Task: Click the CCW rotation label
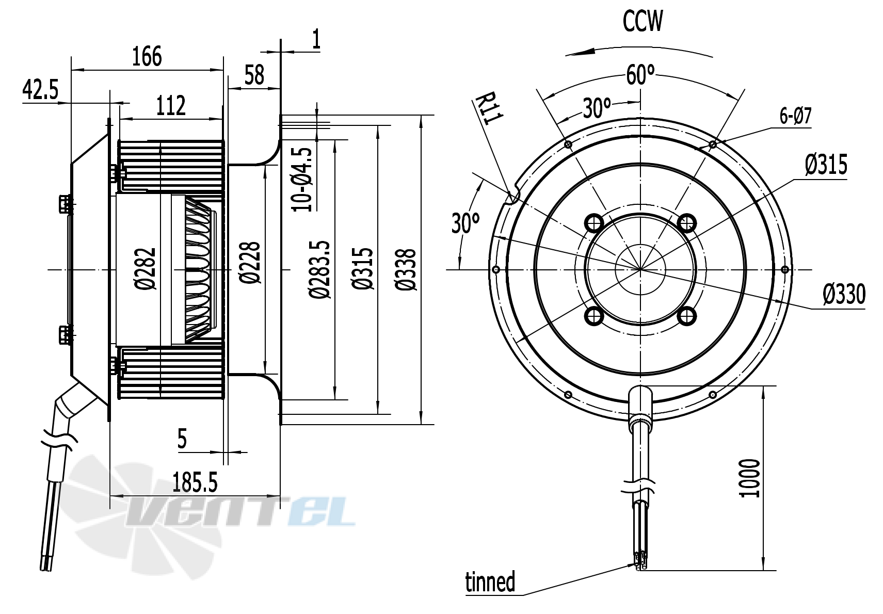pyautogui.click(x=642, y=22)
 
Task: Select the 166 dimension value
pyautogui.click(x=147, y=56)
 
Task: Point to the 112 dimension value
pyautogui.click(x=170, y=106)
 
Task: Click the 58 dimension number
pyautogui.click(x=254, y=75)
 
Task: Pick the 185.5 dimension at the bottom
pyautogui.click(x=195, y=483)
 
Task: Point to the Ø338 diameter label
pyautogui.click(x=406, y=269)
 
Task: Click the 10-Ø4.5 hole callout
pyautogui.click(x=303, y=179)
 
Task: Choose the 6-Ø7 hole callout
pyautogui.click(x=795, y=117)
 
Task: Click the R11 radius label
pyautogui.click(x=487, y=109)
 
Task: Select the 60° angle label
pyautogui.click(x=640, y=75)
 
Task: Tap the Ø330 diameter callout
pyautogui.click(x=844, y=295)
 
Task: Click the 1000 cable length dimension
pyautogui.click(x=750, y=478)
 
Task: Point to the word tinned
pyautogui.click(x=490, y=582)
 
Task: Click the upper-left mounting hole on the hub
pyautogui.click(x=593, y=223)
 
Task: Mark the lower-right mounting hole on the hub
pyautogui.click(x=686, y=316)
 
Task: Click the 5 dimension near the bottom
pyautogui.click(x=182, y=440)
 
